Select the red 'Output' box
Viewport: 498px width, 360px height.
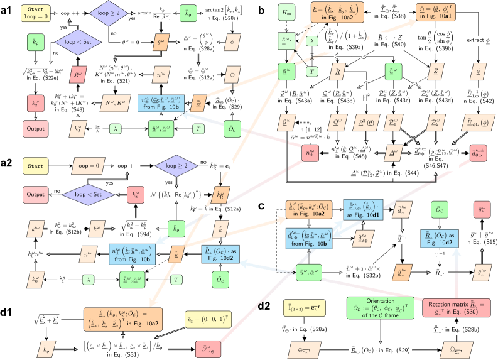[35, 129]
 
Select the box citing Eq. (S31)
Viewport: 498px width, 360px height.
[124, 347]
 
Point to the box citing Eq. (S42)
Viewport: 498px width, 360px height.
[479, 96]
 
